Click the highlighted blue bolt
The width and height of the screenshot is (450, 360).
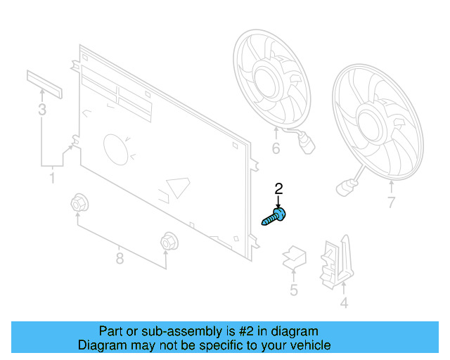276,216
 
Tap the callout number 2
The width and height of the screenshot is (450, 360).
278,188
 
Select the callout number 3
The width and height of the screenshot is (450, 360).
42,110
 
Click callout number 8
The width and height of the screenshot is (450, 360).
120,259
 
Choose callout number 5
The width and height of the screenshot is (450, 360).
293,290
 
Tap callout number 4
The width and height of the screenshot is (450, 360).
344,304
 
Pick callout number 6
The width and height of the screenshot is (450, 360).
276,148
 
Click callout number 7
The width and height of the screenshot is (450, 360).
391,204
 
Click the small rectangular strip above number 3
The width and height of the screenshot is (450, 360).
44,84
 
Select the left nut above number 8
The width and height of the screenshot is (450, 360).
79,205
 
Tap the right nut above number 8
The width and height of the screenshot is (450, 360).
167,240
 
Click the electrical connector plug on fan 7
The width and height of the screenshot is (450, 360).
345,187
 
